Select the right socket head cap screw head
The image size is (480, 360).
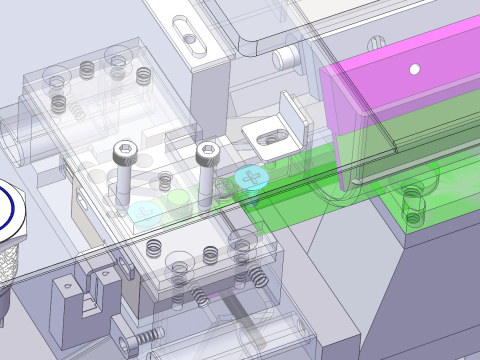[x=207, y=151]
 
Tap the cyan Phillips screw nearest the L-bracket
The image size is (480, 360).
[x=250, y=179]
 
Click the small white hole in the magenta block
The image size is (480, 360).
[x=414, y=69]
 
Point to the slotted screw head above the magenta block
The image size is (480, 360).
[x=378, y=42]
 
